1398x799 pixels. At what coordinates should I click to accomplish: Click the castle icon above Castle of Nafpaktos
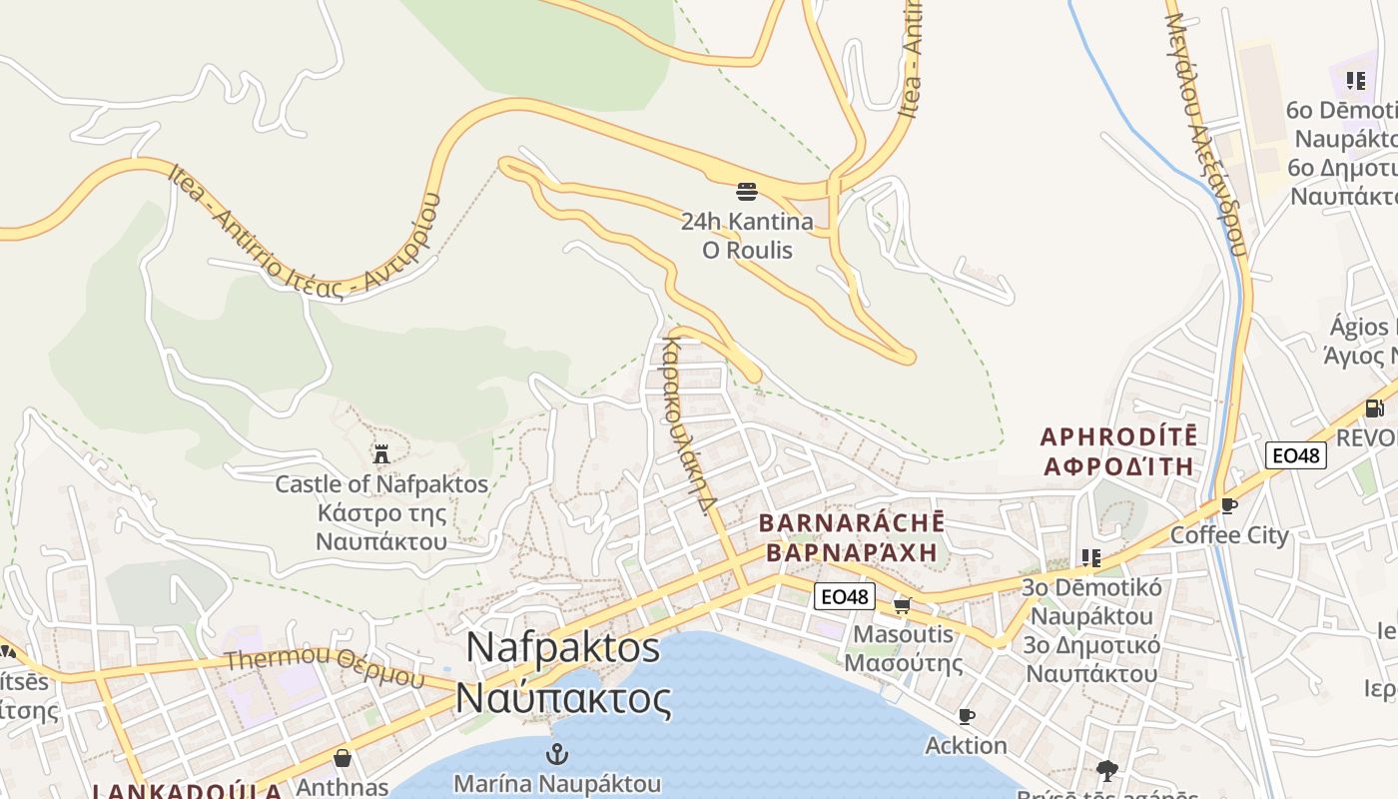click(380, 454)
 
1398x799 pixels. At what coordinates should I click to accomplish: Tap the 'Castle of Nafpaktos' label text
click(381, 485)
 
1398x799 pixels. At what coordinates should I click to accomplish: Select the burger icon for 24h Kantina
click(747, 191)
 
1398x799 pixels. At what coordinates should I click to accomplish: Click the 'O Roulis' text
click(747, 250)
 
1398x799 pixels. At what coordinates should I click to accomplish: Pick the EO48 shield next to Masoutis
click(844, 597)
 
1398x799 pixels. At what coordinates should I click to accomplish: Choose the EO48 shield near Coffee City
click(1295, 456)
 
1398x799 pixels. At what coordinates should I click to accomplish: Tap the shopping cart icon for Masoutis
click(902, 605)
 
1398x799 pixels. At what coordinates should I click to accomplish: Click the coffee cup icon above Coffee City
click(1229, 506)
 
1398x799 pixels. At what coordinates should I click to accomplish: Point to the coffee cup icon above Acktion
click(966, 717)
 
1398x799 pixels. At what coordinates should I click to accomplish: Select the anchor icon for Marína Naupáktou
click(557, 754)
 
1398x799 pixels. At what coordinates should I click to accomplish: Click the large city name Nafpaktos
click(563, 648)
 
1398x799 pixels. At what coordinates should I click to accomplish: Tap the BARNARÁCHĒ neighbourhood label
click(852, 523)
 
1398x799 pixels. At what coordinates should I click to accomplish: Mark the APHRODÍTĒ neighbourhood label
click(1118, 437)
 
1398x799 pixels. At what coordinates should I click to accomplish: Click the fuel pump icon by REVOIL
click(1374, 407)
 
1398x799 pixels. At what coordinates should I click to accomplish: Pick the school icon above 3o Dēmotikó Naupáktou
click(1090, 557)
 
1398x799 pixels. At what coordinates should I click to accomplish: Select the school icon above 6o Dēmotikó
click(1355, 80)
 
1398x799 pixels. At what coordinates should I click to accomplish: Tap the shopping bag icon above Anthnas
click(343, 758)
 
